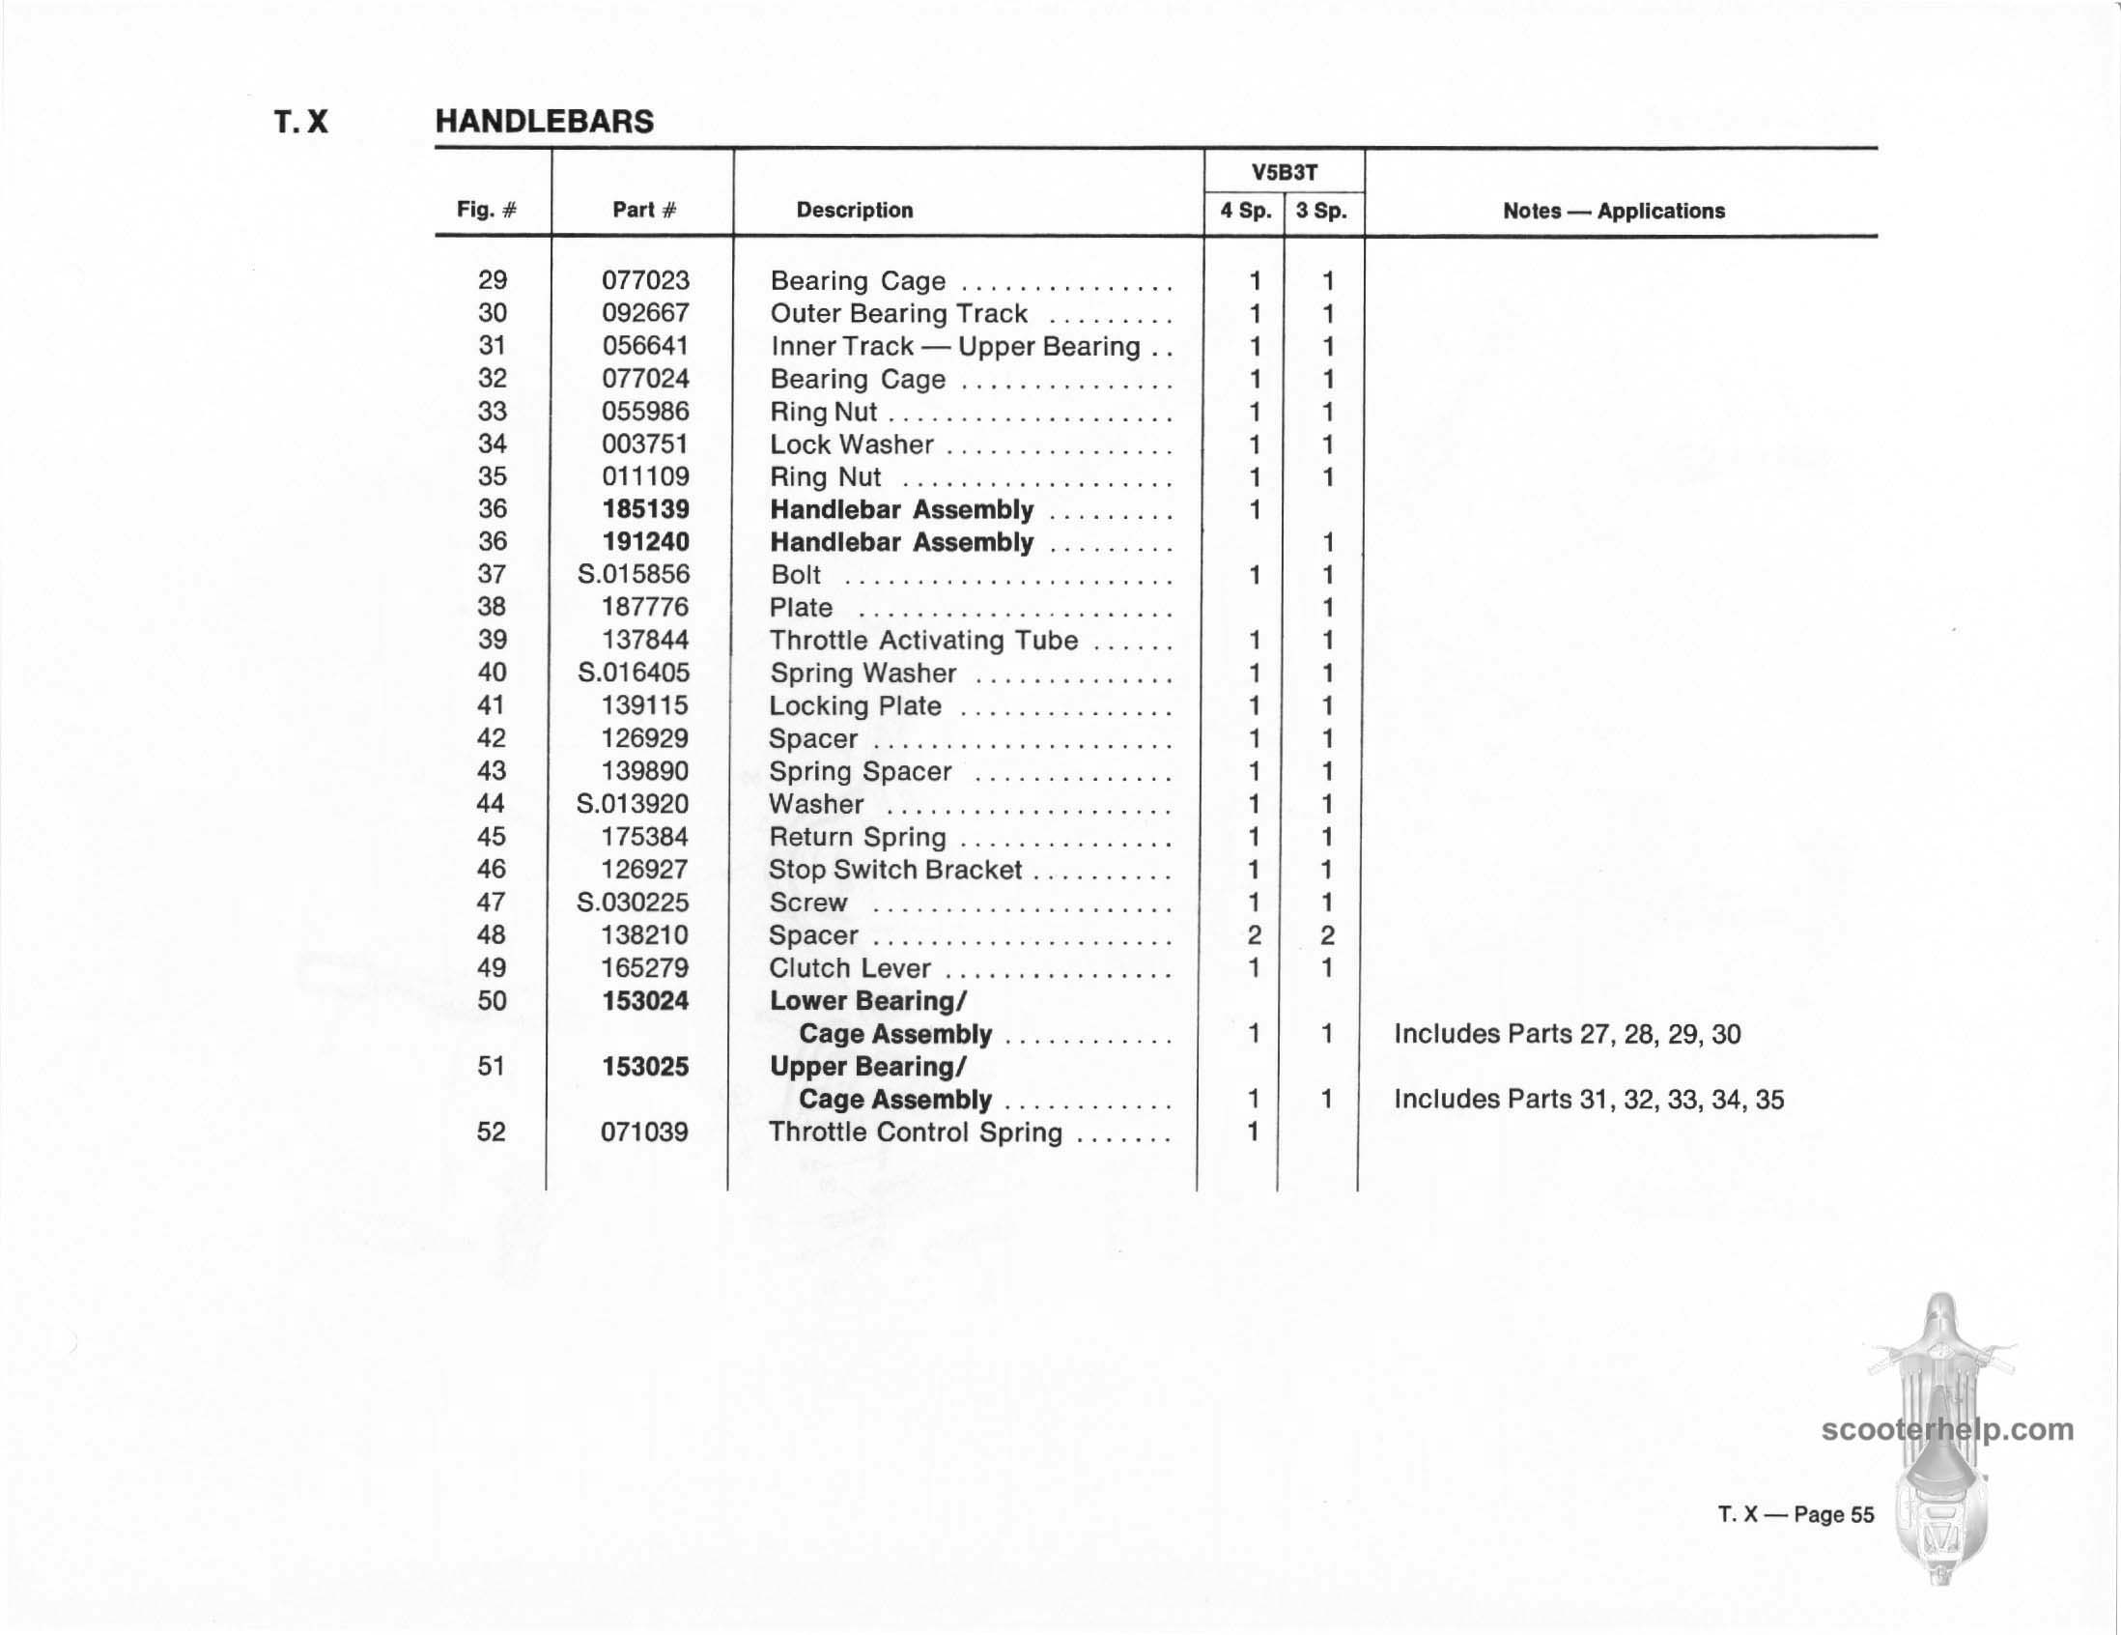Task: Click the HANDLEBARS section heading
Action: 544,122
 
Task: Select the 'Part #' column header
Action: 644,210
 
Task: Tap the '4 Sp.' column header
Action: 1245,211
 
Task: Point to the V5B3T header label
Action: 1284,173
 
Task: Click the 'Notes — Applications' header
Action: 1613,211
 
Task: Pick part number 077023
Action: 645,281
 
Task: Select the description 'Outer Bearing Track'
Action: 898,314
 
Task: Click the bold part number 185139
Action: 645,509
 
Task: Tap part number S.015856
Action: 634,574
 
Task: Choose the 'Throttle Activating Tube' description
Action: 923,641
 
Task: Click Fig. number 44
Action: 492,803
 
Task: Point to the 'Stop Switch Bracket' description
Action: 895,870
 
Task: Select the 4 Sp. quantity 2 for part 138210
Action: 1254,935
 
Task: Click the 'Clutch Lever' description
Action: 850,968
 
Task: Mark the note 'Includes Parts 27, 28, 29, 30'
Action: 1567,1034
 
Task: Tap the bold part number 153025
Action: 645,1067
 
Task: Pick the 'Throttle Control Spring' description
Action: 915,1133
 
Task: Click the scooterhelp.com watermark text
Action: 1947,1430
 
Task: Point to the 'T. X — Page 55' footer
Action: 1796,1514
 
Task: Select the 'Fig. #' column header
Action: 487,210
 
